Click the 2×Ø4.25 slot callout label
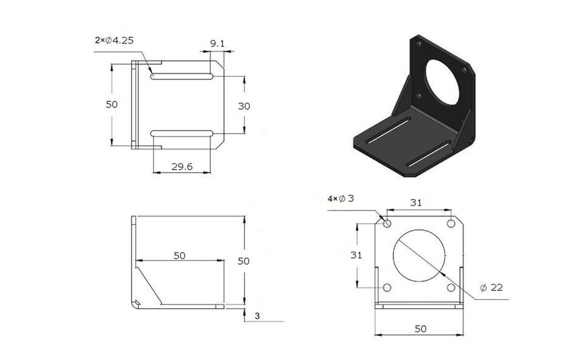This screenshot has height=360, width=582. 114,41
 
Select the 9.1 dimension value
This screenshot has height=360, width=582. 217,44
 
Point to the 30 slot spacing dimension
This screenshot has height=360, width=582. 244,106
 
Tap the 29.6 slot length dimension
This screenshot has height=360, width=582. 182,166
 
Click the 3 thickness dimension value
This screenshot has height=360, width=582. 257,316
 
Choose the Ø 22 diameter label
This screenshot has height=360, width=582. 491,288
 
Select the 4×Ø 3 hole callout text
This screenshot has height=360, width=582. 341,199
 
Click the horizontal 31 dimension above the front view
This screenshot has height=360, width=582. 416,203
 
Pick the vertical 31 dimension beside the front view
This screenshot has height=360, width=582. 356,255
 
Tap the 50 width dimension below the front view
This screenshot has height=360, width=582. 420,329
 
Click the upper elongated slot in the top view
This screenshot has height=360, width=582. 182,76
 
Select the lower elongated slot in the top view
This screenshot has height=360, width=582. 182,133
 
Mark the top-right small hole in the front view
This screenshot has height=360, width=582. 451,224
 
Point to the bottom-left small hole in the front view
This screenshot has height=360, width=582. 387,288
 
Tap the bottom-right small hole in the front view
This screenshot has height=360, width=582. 451,288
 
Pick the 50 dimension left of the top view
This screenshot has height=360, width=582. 112,104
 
